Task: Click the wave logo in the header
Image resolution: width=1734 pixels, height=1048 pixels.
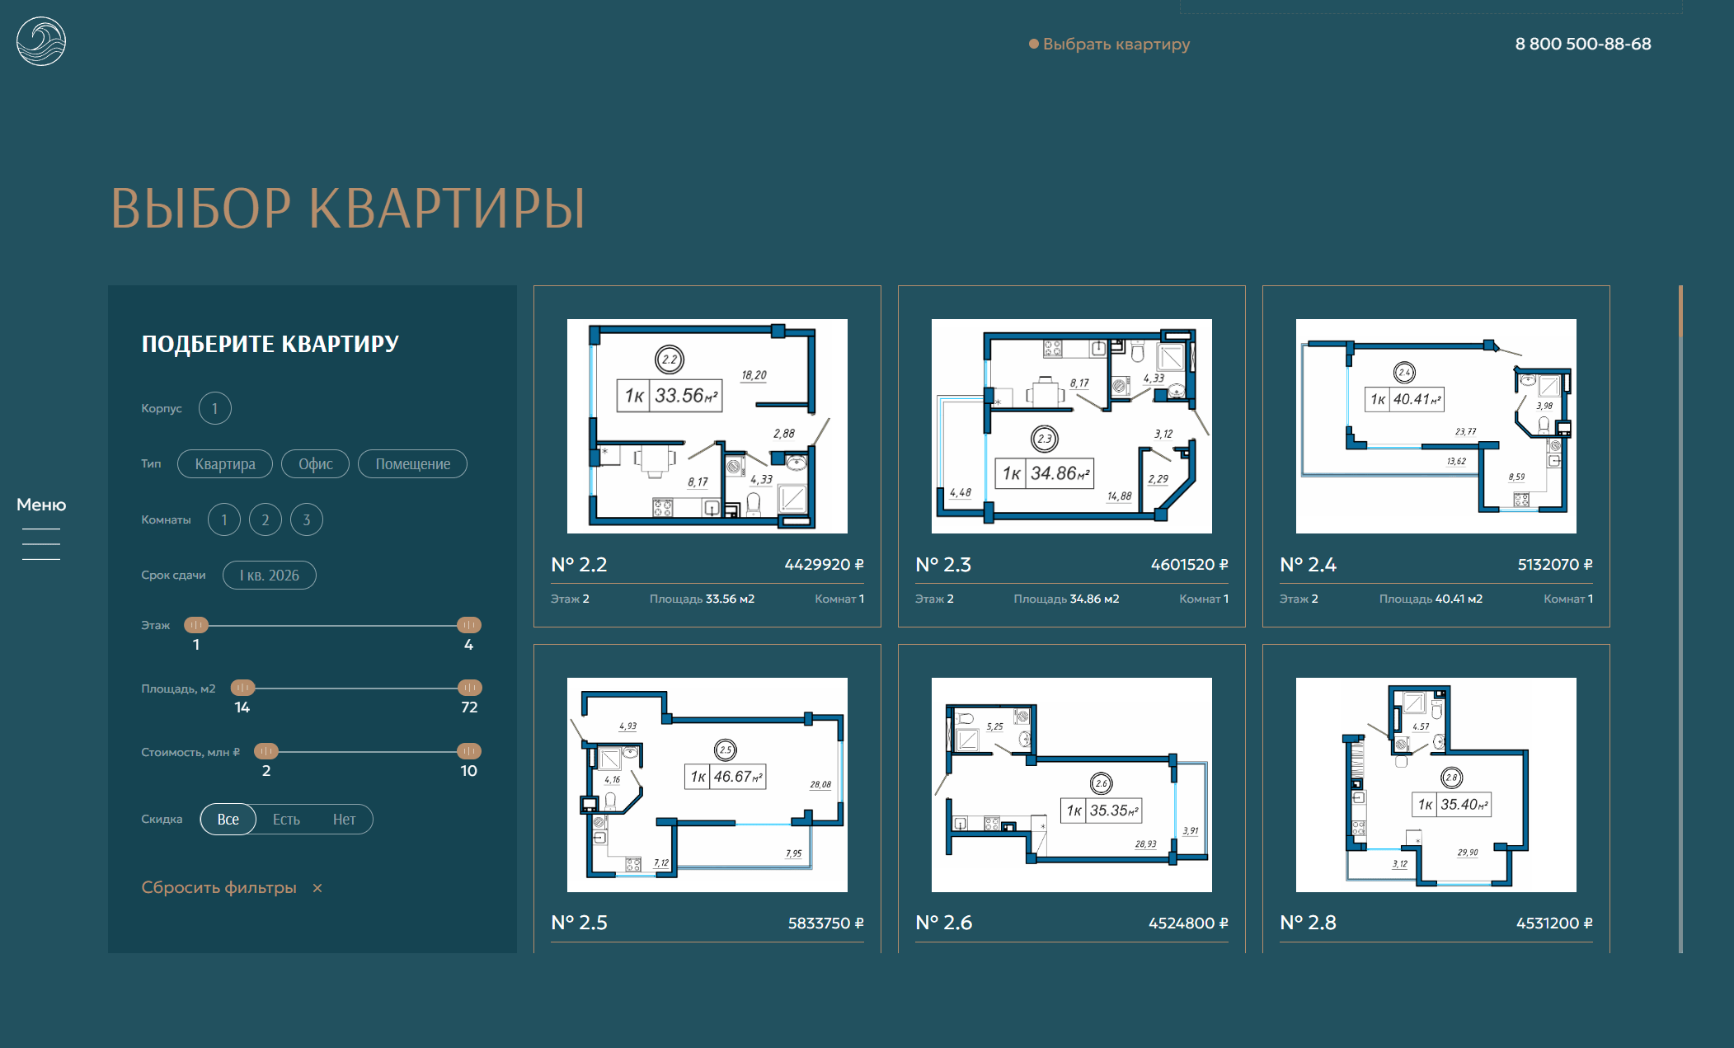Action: tap(41, 41)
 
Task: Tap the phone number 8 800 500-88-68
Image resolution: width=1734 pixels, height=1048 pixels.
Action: tap(1583, 44)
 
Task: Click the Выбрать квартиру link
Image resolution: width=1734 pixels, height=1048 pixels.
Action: tap(1116, 44)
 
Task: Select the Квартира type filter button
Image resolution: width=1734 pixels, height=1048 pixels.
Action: tap(225, 464)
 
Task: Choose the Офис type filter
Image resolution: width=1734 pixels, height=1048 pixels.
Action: tap(316, 464)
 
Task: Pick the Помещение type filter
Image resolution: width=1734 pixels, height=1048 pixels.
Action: tap(413, 464)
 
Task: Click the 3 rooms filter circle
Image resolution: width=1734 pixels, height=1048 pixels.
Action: tap(307, 519)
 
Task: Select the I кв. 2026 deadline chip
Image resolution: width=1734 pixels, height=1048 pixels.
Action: tap(270, 575)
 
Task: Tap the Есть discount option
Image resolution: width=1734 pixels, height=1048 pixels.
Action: tap(286, 820)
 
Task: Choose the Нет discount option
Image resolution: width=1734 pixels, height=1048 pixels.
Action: tap(344, 820)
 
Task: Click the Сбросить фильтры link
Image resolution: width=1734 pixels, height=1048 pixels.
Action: tap(219, 887)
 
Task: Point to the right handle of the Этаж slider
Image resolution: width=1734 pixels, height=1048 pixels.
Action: tap(469, 625)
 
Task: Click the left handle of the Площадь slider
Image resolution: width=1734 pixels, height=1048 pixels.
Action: tap(242, 688)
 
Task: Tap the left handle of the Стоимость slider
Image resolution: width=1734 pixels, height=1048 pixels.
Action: tap(266, 751)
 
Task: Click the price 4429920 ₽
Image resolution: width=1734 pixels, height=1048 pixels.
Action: tap(825, 565)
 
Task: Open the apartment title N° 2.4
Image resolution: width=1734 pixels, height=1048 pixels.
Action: tap(1309, 565)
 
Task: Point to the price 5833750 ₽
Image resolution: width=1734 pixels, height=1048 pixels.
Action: tap(826, 923)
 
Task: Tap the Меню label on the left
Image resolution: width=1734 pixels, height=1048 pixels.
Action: tap(41, 505)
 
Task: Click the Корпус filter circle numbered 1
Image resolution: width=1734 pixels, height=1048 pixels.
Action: tap(215, 408)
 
